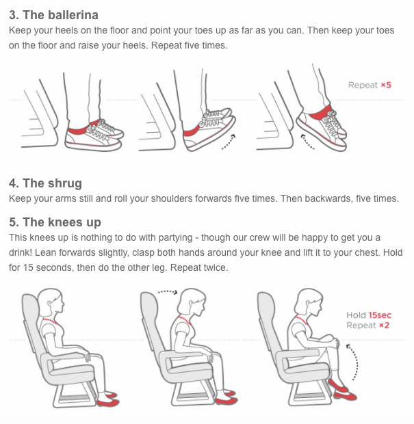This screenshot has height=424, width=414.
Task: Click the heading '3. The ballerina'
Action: point(53,15)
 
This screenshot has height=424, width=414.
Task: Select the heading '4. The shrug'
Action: point(45,183)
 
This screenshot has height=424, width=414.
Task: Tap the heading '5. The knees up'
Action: point(55,222)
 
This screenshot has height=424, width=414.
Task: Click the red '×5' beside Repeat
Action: point(386,85)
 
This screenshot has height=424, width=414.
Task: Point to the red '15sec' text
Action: point(380,315)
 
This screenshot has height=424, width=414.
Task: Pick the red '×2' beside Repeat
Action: point(385,326)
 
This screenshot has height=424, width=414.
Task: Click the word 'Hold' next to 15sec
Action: point(356,315)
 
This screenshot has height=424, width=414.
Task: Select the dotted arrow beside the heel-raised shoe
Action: point(307,142)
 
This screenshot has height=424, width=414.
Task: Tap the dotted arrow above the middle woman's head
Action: point(168,292)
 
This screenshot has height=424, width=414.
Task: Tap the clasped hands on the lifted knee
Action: point(336,343)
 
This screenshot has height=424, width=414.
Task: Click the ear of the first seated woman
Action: point(50,304)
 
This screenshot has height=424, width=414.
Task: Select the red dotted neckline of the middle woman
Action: point(184,319)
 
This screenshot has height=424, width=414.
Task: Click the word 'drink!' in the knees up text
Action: point(21,252)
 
